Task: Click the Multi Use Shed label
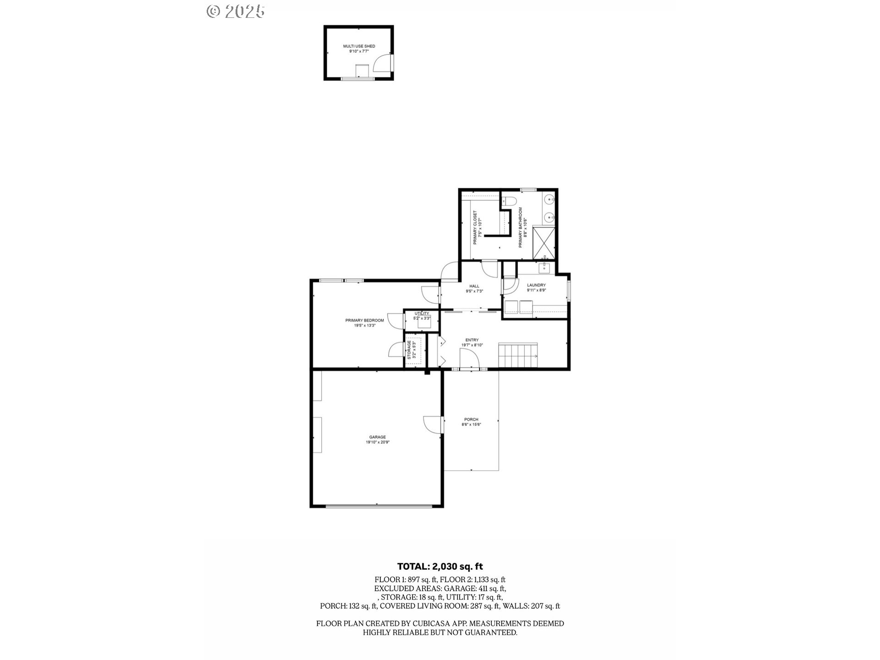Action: point(359,49)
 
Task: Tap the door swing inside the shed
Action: point(382,63)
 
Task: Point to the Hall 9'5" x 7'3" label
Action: point(474,288)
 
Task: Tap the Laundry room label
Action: point(536,287)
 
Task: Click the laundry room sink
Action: point(545,267)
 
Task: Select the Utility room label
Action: point(422,316)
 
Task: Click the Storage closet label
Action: point(412,349)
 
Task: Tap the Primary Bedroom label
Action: point(364,323)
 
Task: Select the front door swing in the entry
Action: point(468,358)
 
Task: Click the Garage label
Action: point(377,440)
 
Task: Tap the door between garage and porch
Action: point(433,424)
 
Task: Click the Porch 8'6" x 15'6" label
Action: point(471,422)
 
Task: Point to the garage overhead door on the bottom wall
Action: point(379,506)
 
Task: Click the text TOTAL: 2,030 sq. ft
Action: point(440,566)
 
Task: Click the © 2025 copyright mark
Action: point(236,11)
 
